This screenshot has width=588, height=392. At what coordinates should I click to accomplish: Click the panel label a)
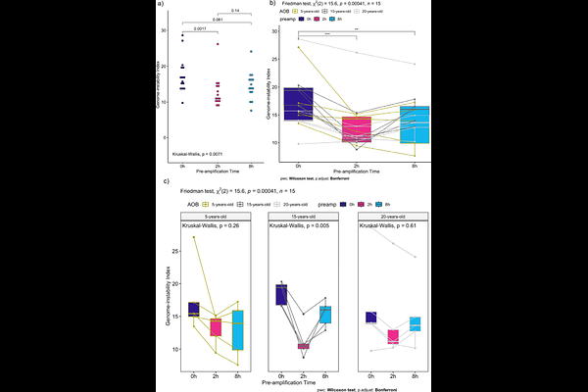pyautogui.click(x=159, y=5)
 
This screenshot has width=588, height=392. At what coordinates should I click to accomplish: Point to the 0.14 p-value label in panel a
pyautogui.click(x=234, y=10)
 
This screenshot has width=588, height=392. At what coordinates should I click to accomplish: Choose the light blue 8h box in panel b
pyautogui.click(x=415, y=124)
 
